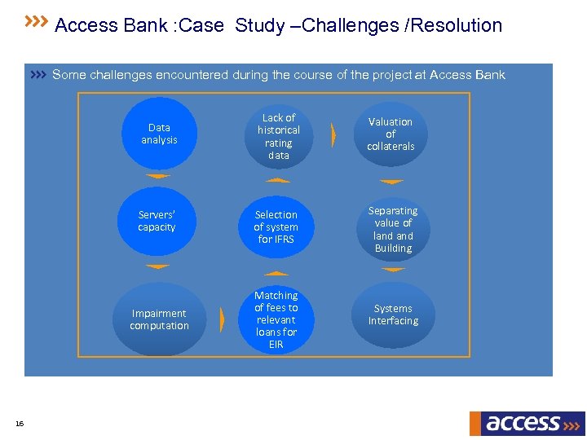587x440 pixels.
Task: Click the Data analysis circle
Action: [160, 134]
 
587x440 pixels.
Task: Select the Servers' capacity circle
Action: [157, 222]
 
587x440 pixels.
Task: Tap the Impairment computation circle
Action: [159, 319]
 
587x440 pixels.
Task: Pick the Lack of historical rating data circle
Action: [278, 136]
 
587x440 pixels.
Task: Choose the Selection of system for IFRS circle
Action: [276, 227]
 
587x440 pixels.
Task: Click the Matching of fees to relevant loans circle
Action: [276, 319]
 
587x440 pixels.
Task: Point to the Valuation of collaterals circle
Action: [391, 134]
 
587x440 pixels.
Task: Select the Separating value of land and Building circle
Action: [393, 229]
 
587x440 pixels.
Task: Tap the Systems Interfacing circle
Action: [393, 315]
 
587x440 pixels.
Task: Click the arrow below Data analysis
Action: [157, 176]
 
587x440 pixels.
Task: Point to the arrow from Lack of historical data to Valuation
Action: [333, 135]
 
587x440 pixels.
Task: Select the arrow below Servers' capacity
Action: [157, 266]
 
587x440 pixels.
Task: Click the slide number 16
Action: [20, 423]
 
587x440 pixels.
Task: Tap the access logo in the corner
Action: [527, 423]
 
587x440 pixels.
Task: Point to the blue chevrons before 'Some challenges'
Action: [38, 75]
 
